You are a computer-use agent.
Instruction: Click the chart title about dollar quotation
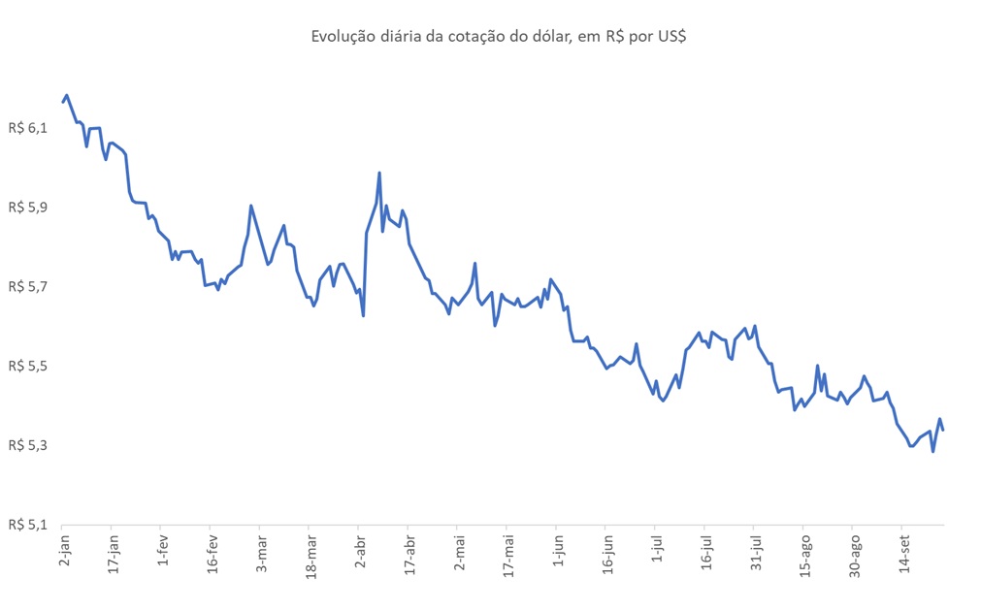pyautogui.click(x=499, y=37)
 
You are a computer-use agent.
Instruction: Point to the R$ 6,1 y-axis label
pyautogui.click(x=27, y=128)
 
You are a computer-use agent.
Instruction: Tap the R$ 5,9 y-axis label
pyautogui.click(x=27, y=208)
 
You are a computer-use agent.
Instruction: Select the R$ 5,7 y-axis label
pyautogui.click(x=27, y=287)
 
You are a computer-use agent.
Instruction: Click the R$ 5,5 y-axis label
pyautogui.click(x=27, y=367)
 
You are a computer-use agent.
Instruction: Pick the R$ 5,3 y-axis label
pyautogui.click(x=27, y=446)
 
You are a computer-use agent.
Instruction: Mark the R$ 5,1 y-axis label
pyautogui.click(x=27, y=525)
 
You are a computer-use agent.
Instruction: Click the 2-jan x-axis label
pyautogui.click(x=64, y=554)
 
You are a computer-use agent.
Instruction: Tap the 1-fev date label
pyautogui.click(x=162, y=554)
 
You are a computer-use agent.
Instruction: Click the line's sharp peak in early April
pyautogui.click(x=378, y=173)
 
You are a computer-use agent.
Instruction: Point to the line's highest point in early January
pyautogui.click(x=66, y=95)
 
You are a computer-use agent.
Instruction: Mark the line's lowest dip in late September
pyautogui.click(x=932, y=451)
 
